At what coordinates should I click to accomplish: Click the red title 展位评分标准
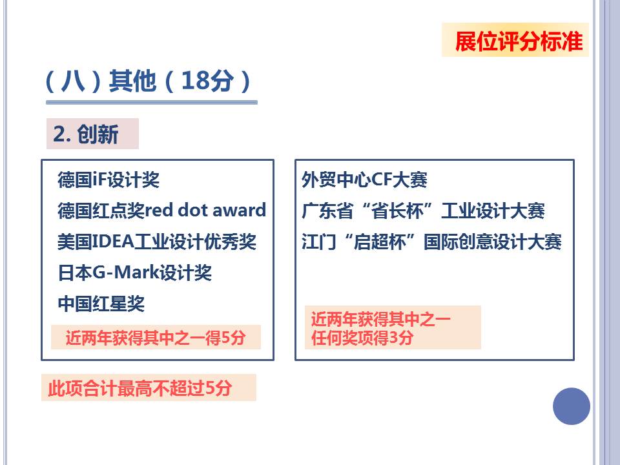click(x=519, y=41)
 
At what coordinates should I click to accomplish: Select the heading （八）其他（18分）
click(x=149, y=81)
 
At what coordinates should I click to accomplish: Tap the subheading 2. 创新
click(x=86, y=134)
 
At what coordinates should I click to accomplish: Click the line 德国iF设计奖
click(x=108, y=180)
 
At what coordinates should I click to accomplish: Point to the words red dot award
click(x=205, y=210)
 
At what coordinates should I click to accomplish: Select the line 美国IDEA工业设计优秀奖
click(x=157, y=242)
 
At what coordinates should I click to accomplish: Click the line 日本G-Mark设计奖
click(x=135, y=273)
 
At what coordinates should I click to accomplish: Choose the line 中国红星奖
click(x=101, y=304)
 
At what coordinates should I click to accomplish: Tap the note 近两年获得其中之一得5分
click(x=156, y=338)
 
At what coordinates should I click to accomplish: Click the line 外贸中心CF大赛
click(x=364, y=180)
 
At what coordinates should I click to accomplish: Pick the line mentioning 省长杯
click(x=423, y=211)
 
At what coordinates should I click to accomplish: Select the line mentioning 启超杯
click(x=431, y=242)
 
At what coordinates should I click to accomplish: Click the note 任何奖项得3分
click(x=362, y=338)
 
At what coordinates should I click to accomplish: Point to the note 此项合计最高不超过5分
click(x=140, y=388)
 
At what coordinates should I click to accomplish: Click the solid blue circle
click(x=572, y=406)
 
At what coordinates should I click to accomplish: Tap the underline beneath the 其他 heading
click(x=152, y=103)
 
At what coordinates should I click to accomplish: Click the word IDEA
click(x=113, y=242)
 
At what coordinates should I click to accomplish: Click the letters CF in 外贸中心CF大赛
click(x=382, y=180)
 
